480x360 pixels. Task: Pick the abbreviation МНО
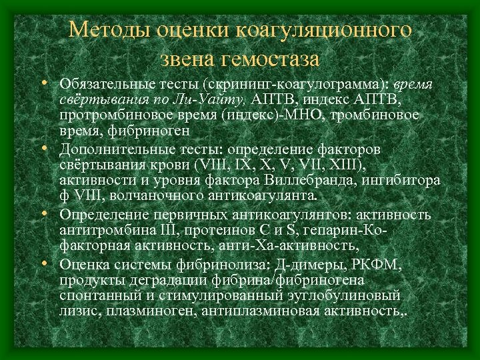click(273, 115)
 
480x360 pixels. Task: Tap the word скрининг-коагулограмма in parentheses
click(283, 86)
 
